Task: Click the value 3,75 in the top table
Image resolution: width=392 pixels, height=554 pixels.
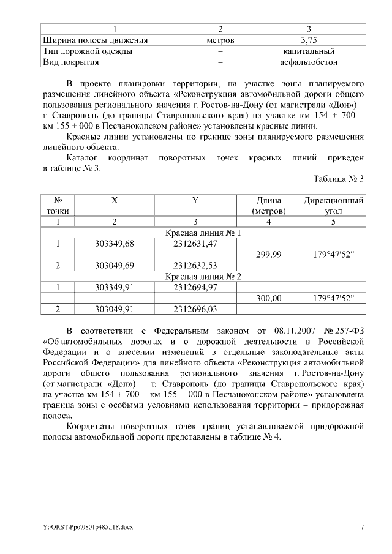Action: tap(309, 40)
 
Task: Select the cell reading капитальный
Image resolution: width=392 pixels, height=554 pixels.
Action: tap(309, 51)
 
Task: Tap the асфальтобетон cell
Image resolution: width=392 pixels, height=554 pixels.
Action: tap(309, 62)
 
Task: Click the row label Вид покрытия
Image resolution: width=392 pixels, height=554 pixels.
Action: tap(70, 62)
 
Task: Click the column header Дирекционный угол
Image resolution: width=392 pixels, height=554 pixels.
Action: tap(333, 206)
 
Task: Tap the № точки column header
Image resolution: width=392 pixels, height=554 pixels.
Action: tap(58, 206)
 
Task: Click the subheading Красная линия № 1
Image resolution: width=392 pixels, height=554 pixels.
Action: tap(203, 233)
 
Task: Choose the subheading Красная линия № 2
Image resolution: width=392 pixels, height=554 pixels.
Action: tap(203, 276)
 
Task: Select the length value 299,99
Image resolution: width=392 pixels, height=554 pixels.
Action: tap(269, 255)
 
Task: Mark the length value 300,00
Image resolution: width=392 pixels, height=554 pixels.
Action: tap(269, 298)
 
